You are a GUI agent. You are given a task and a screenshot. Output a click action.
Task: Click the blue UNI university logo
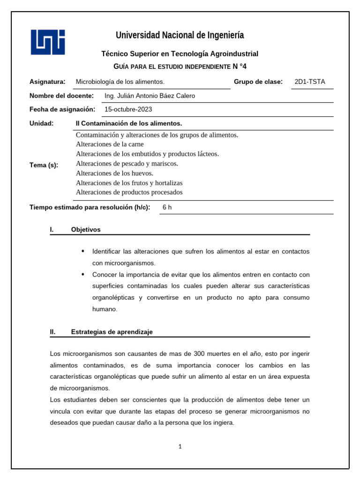pos(48,42)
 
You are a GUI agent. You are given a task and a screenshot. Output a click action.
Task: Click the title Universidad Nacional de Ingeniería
pos(180,35)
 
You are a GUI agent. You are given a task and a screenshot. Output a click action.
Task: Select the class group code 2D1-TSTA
pos(309,82)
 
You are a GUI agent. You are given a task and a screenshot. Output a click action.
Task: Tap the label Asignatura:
pos(47,82)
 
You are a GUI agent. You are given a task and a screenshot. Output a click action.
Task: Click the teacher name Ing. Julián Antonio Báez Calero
pos(150,96)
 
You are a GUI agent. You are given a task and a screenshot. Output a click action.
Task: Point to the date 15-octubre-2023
pos(128,110)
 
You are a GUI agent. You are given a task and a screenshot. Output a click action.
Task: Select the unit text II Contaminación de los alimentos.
pos(128,123)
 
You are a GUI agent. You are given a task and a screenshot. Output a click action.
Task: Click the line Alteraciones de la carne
pos(110,144)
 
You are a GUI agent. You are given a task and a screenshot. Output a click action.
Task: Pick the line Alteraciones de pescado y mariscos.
pos(127,164)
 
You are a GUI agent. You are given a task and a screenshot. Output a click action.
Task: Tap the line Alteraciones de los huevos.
pos(114,173)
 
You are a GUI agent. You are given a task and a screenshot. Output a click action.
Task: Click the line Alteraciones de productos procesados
pos(129,193)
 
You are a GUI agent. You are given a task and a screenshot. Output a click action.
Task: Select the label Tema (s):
pos(44,165)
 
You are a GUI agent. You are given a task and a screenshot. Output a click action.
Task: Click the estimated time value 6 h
pos(167,207)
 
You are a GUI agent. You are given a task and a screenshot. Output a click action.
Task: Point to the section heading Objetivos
pos(86,230)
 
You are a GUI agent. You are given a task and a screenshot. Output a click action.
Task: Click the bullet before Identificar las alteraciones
pos(83,251)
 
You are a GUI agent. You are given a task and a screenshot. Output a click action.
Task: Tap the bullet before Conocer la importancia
pos(83,274)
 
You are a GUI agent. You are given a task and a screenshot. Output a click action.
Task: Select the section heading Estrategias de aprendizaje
pos(112,332)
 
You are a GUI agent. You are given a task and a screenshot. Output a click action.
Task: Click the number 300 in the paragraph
pos(199,353)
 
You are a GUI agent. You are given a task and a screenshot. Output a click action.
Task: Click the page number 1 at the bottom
pos(180,447)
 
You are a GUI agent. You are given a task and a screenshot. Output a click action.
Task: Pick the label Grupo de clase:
pos(258,82)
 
